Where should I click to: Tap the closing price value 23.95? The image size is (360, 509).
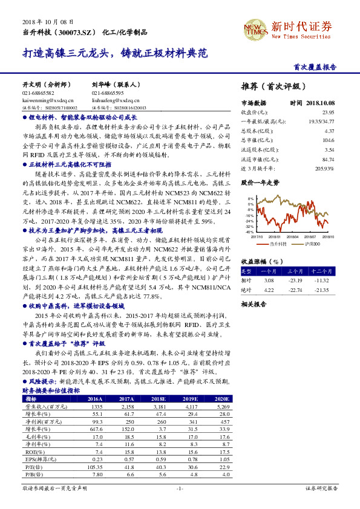pyautogui.click(x=328, y=112)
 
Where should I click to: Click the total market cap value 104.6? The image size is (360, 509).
pyautogui.click(x=329, y=139)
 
